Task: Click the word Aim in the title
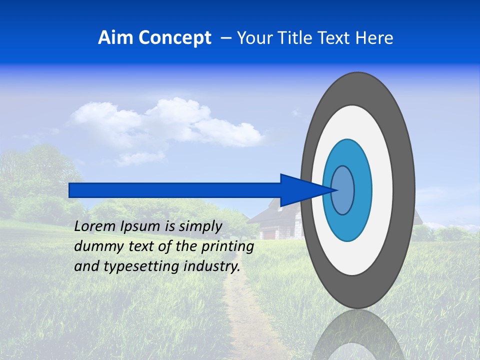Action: (116, 37)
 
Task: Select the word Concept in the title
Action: (174, 38)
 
